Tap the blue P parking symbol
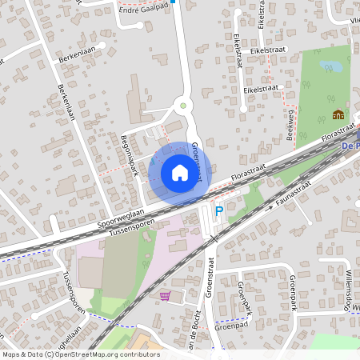(x=218, y=212)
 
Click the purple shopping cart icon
(x=165, y=295)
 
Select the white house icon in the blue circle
(x=180, y=172)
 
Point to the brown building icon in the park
(x=338, y=114)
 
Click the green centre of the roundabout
(x=183, y=104)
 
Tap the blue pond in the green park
(x=329, y=66)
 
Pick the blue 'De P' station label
(x=350, y=146)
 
